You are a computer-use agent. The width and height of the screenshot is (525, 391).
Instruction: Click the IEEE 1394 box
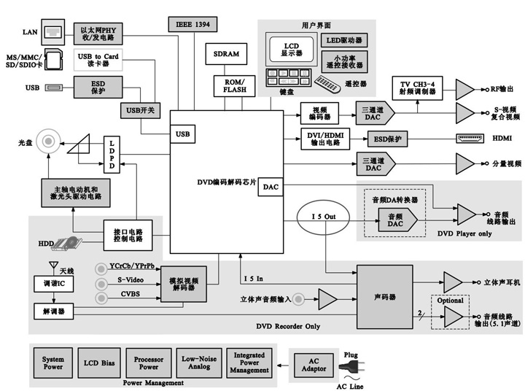click(192, 24)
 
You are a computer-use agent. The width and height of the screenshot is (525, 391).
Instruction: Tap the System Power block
click(52, 363)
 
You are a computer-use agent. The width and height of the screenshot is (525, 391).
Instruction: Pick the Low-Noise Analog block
click(196, 363)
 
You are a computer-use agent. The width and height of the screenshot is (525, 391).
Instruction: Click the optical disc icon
click(50, 139)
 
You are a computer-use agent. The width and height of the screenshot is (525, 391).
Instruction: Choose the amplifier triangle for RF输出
click(464, 89)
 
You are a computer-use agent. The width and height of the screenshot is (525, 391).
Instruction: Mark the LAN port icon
click(54, 32)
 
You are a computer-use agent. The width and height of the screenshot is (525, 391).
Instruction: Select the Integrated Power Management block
click(249, 363)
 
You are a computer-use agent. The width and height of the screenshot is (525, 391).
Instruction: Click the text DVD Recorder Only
click(288, 325)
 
